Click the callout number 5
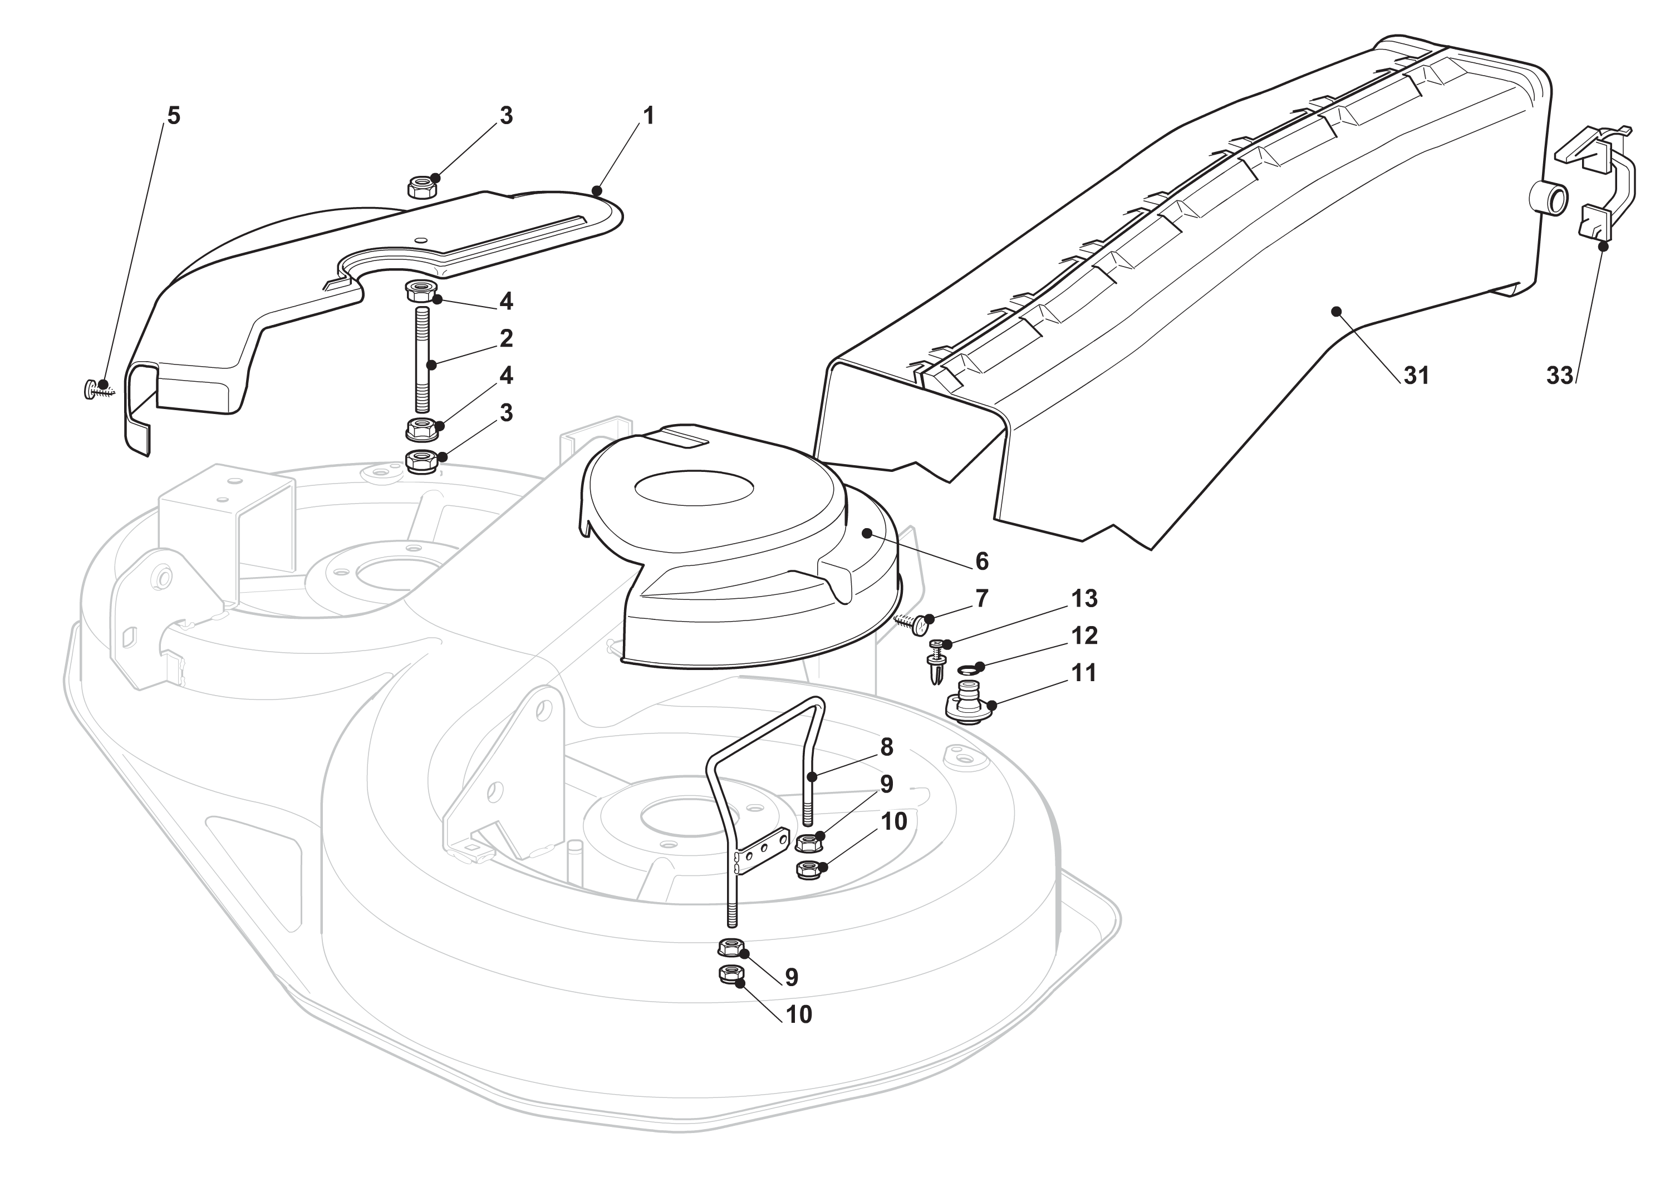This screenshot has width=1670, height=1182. pyautogui.click(x=173, y=116)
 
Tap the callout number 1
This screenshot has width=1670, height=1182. pyautogui.click(x=648, y=116)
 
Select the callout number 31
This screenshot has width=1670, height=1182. pyautogui.click(x=1416, y=376)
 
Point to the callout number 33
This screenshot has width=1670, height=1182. pyautogui.click(x=1559, y=376)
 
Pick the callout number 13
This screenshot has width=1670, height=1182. pyautogui.click(x=1084, y=598)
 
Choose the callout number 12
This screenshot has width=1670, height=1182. pyautogui.click(x=1084, y=636)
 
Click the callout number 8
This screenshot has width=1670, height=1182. pyautogui.click(x=886, y=747)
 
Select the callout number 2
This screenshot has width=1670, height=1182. pyautogui.click(x=506, y=338)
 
